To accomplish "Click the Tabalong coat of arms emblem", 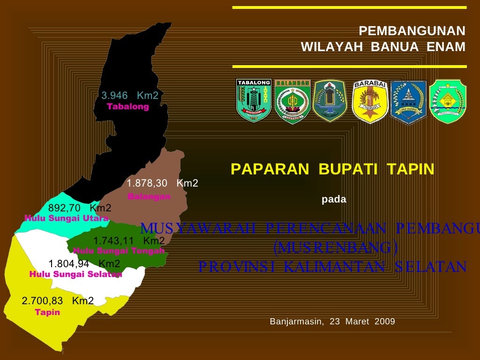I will pos(254,100).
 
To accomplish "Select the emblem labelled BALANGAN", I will pos(292,101).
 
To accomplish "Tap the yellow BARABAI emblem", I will pos(370,101).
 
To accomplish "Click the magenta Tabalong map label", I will pos(128,107).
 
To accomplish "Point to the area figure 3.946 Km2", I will pos(130,96).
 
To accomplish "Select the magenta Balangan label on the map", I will pos(149,197).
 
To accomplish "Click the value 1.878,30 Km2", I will pos(162,183).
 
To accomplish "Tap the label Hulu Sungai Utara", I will pos(67,218).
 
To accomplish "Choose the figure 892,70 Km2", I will pos(80,208).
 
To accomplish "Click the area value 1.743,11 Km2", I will pos(129,241).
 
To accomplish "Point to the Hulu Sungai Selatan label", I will pos(75,275).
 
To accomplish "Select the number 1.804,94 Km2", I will pos(84,264).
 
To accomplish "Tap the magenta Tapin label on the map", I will pos(47,313).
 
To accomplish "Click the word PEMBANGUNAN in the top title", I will pos(412,31).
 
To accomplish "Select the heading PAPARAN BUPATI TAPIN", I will pos(332,169).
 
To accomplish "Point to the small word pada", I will pos(334,200).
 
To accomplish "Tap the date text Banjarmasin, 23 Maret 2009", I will pos(332,322).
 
